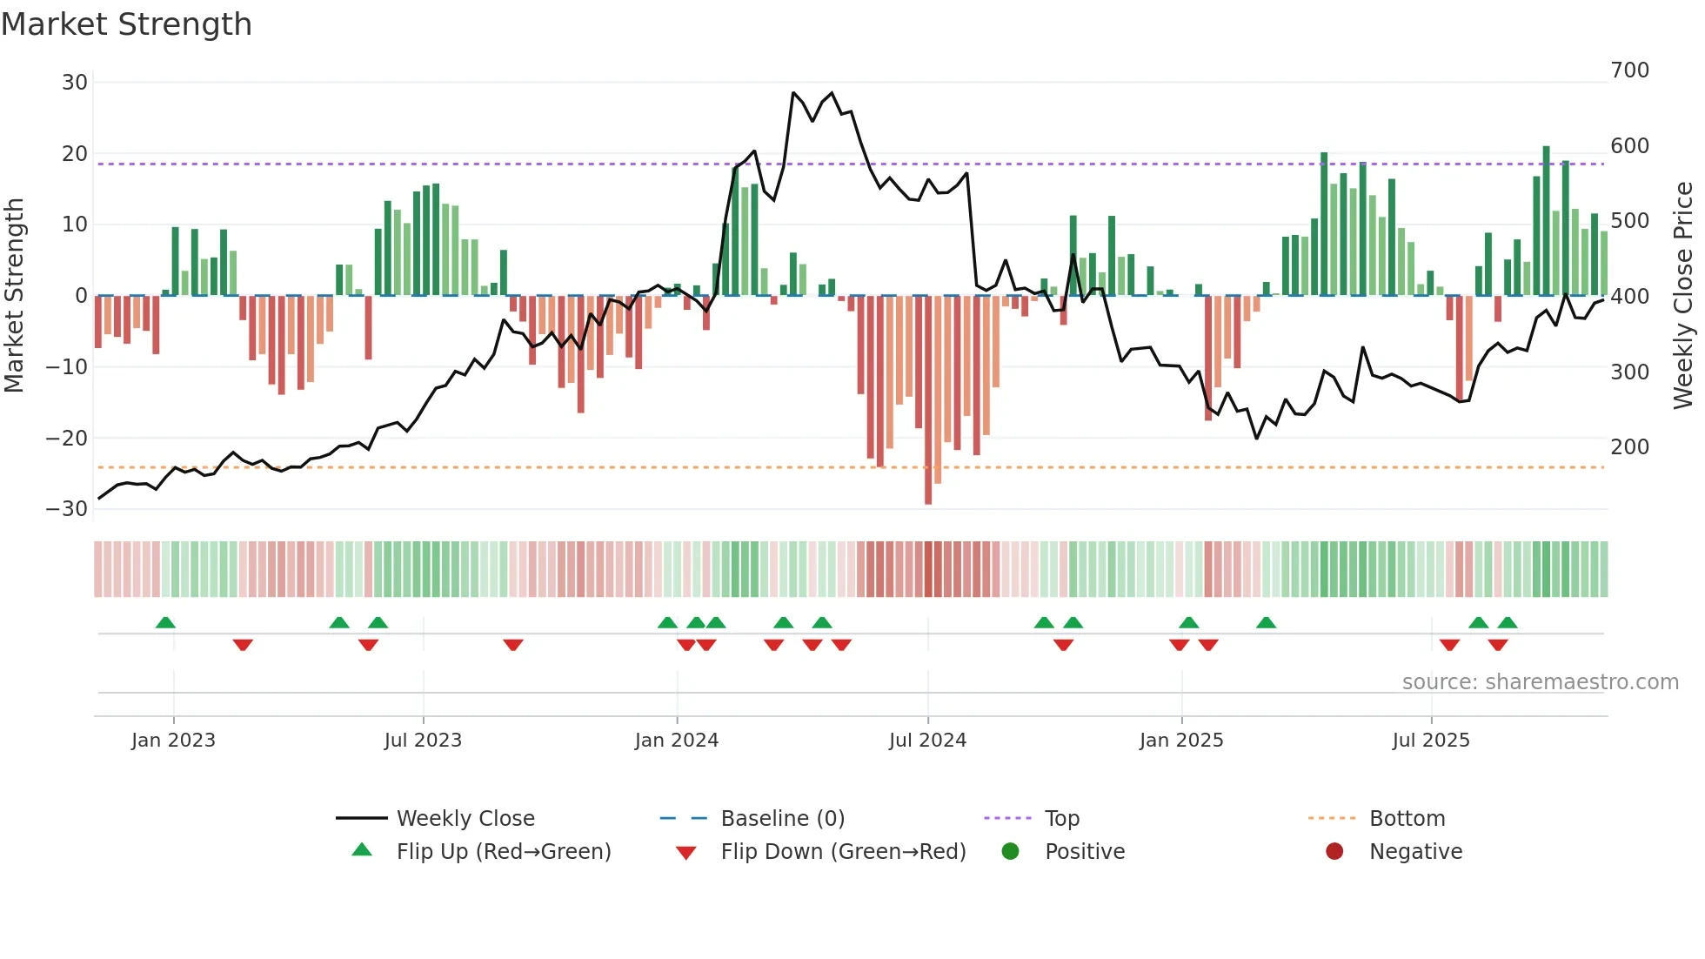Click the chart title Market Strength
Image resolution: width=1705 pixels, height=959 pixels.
pos(126,24)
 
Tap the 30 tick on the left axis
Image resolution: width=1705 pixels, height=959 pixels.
pos(75,83)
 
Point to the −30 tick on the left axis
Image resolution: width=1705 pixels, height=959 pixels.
pos(68,509)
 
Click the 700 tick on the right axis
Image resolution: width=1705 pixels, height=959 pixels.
pos(1629,70)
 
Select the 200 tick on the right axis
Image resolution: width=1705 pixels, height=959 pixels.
pos(1629,447)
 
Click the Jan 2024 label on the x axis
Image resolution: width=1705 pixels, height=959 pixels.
pos(676,741)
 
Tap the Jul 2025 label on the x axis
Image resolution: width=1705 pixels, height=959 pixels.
pos(1430,741)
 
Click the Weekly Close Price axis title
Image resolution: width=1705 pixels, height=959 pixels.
pos(1683,296)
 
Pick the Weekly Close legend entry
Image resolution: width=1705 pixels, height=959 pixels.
pos(465,819)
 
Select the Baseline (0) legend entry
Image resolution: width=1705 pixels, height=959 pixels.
pos(782,819)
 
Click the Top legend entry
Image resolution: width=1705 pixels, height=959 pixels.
pos(1061,819)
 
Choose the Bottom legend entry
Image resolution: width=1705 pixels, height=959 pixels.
pos(1407,819)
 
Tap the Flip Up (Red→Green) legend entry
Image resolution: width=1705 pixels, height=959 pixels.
pos(503,852)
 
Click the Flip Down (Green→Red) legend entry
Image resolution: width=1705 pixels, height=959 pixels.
pos(842,852)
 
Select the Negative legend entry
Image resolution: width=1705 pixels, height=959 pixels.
pos(1415,852)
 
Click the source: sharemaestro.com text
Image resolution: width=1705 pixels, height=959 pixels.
pos(1540,682)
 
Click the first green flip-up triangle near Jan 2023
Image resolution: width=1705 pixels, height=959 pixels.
pos(165,622)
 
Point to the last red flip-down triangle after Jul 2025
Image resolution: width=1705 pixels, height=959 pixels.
pos(1497,645)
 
